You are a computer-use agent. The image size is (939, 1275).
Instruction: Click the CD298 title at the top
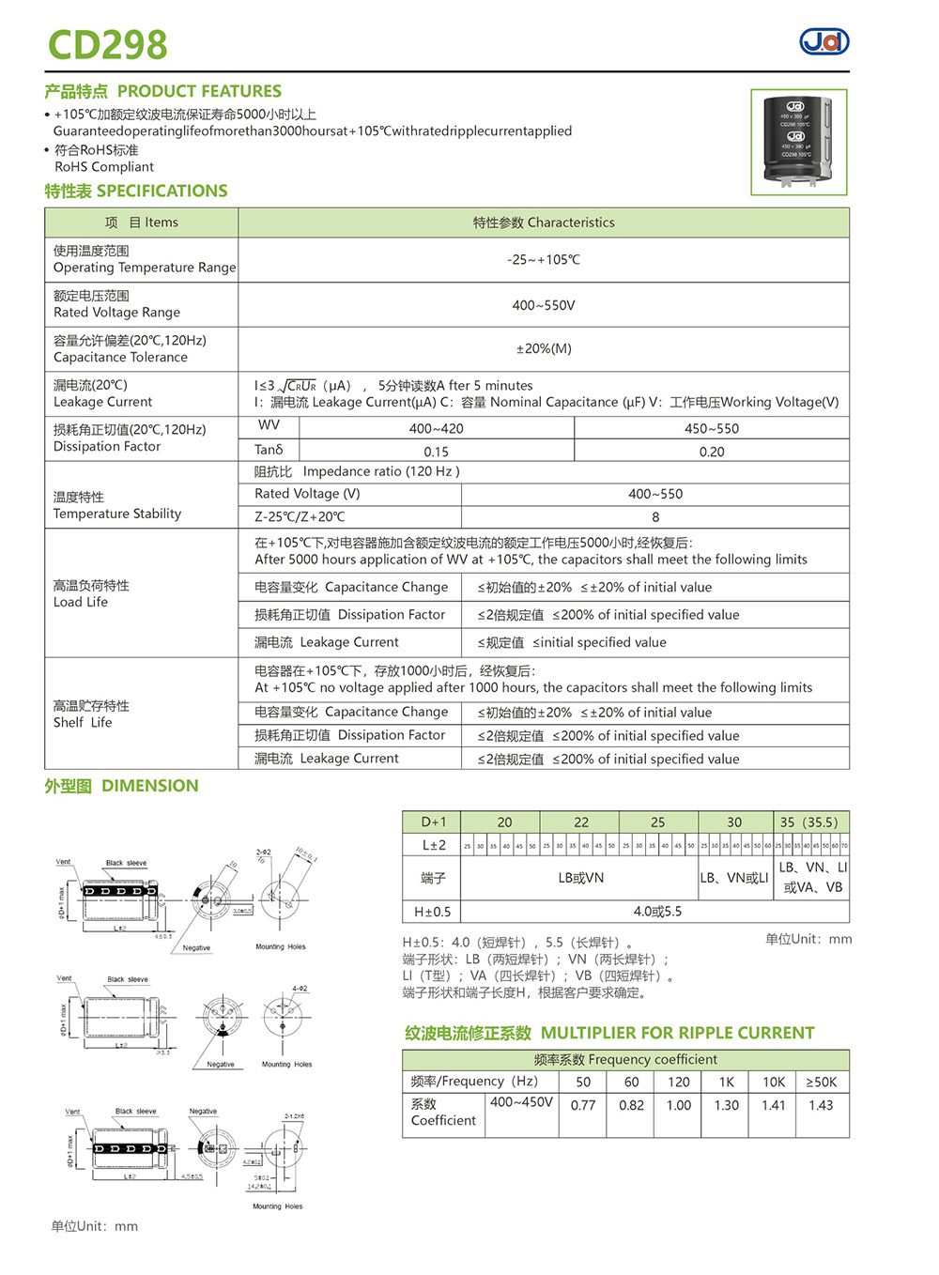coord(107,44)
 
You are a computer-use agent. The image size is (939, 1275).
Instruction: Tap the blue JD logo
coord(824,41)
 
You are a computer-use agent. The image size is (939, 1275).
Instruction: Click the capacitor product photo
coord(798,142)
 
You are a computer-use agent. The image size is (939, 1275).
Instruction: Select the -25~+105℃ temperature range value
coord(544,260)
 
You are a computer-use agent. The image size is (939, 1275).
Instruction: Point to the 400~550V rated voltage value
coord(544,305)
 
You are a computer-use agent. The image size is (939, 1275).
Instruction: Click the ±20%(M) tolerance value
coord(544,348)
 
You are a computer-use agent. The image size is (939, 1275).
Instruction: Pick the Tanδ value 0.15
coord(436,452)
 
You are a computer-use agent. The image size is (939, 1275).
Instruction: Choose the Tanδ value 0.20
coord(712,452)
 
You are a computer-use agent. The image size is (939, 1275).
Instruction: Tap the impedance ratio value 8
coord(655,517)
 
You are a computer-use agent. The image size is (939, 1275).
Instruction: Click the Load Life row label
coord(91,593)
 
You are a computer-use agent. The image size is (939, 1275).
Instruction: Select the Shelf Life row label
coord(91,714)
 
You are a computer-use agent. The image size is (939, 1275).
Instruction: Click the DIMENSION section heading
coord(121,786)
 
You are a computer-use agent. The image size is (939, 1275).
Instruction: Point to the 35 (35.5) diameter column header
coord(808,822)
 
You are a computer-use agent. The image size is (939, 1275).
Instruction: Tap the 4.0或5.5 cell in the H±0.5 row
coord(657,911)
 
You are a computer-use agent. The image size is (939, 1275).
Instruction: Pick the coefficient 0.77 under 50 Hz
coord(583,1105)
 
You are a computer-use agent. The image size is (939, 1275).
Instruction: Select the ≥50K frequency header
coord(821,1082)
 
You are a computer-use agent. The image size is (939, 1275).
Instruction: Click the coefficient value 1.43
coord(821,1105)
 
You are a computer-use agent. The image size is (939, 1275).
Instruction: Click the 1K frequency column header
coord(727,1082)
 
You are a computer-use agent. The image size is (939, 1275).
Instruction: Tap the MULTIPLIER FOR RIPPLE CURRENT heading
coord(609,1033)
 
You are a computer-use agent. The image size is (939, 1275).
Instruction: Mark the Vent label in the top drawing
coord(63,862)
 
